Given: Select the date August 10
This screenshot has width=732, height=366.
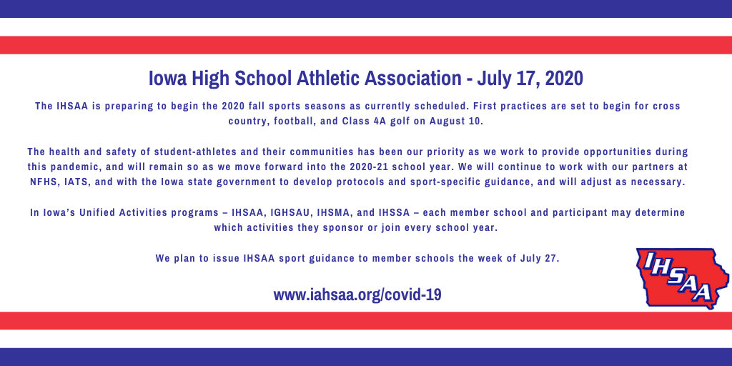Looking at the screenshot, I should point(459,121).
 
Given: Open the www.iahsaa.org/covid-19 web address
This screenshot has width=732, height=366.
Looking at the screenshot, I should point(357,295).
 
